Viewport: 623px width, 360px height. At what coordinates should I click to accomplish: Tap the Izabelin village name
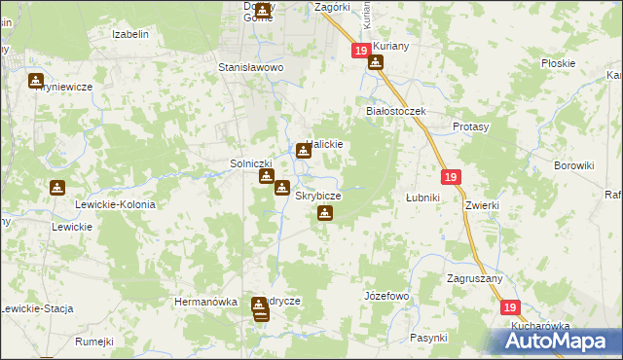pos(129,34)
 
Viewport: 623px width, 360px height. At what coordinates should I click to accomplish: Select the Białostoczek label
pos(396,111)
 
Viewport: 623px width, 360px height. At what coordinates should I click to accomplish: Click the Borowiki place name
pos(573,165)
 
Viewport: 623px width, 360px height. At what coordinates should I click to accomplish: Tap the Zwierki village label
pos(482,205)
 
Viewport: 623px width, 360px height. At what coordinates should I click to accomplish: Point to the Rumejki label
pos(94,342)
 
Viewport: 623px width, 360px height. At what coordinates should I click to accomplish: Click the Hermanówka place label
pos(205,302)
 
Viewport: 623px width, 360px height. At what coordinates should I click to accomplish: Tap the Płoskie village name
pos(558,63)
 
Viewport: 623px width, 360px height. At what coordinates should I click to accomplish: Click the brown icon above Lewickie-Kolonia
pos(57,188)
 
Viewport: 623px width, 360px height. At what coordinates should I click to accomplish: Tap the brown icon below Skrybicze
pos(325,213)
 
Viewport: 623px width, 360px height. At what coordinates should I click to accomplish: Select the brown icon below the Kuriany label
pos(375,64)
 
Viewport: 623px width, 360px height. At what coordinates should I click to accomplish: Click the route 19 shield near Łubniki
pos(450,177)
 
